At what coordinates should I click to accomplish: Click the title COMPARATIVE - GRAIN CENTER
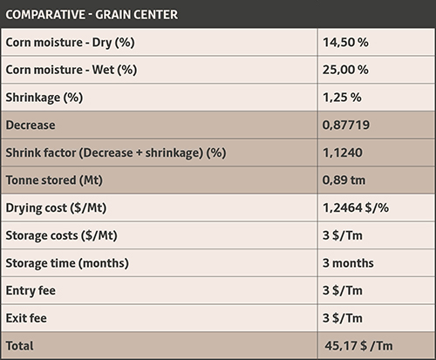[92, 15]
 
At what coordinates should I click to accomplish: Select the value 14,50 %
[345, 43]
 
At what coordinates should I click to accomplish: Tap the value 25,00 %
[345, 70]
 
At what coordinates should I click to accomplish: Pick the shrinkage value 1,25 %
[342, 98]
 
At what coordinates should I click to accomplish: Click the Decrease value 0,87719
[346, 125]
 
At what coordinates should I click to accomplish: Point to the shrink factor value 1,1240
[343, 153]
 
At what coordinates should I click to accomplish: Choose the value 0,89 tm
[344, 180]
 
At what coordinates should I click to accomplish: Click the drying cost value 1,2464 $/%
[356, 207]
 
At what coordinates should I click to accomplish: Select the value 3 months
[348, 263]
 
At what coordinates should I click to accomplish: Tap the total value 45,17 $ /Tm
[358, 346]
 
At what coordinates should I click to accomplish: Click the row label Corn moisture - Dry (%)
[70, 43]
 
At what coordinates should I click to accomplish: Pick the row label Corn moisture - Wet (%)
[72, 70]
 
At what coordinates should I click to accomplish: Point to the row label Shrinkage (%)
[44, 98]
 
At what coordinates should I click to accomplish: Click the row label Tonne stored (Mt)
[54, 180]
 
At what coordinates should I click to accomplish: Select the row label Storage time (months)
[67, 263]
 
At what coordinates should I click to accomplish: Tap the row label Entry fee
[31, 290]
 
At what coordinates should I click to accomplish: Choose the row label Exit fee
[26, 318]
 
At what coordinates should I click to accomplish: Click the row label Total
[19, 346]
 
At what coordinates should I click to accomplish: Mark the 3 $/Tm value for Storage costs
[343, 235]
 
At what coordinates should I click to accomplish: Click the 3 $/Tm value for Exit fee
[343, 318]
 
